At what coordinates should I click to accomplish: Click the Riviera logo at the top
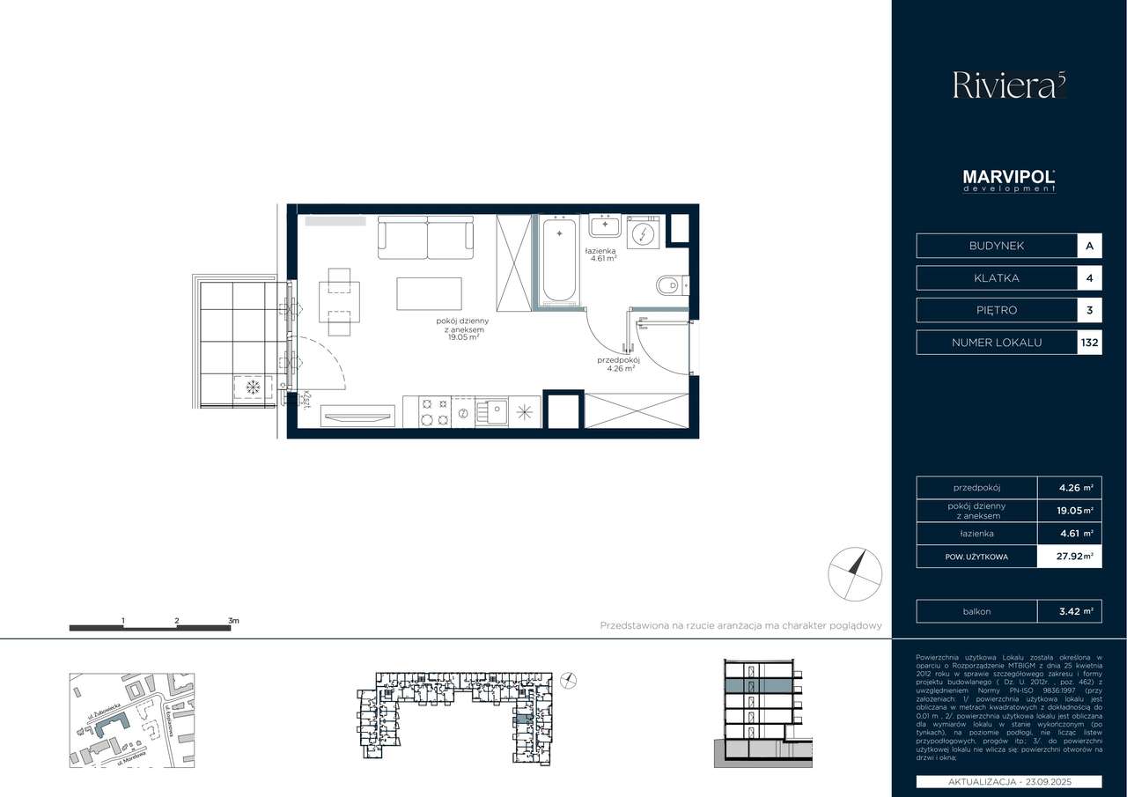pyautogui.click(x=1009, y=85)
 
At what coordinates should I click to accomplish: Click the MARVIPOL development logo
pyautogui.click(x=1009, y=181)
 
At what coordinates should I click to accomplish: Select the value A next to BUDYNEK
pyautogui.click(x=1089, y=246)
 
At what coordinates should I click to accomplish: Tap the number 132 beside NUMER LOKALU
pyautogui.click(x=1089, y=343)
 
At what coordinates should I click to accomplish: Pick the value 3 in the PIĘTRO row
pyautogui.click(x=1089, y=310)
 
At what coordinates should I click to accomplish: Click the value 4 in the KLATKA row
pyautogui.click(x=1089, y=278)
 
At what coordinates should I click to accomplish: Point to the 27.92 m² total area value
pyautogui.click(x=1076, y=557)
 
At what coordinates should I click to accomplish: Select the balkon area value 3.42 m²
pyautogui.click(x=1076, y=611)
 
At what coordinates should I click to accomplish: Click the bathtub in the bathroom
pyautogui.click(x=560, y=260)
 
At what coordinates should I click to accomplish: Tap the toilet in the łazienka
pyautogui.click(x=671, y=284)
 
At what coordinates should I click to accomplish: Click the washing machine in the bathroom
pyautogui.click(x=644, y=233)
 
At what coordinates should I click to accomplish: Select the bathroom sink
pyautogui.click(x=605, y=227)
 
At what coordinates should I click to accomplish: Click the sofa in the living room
pyautogui.click(x=426, y=237)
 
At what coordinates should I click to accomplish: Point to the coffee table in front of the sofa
pyautogui.click(x=429, y=294)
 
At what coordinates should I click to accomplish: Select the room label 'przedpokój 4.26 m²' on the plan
pyautogui.click(x=617, y=364)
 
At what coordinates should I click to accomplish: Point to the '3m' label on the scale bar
pyautogui.click(x=233, y=621)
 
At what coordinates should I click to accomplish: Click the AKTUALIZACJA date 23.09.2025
pyautogui.click(x=1009, y=782)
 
